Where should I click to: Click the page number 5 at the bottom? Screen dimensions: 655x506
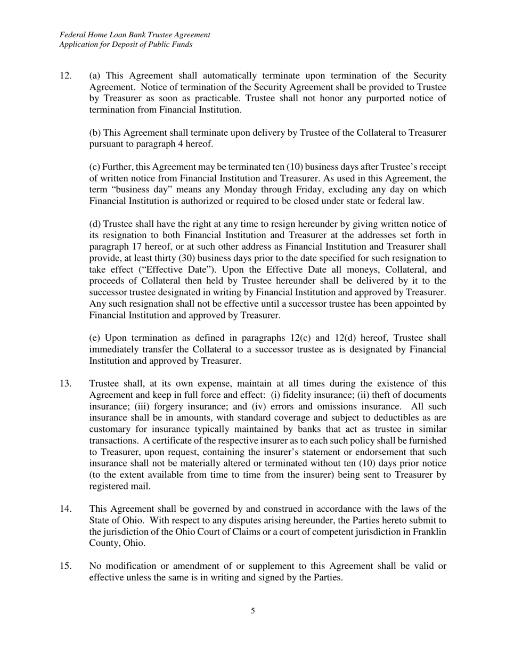(252, 611)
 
